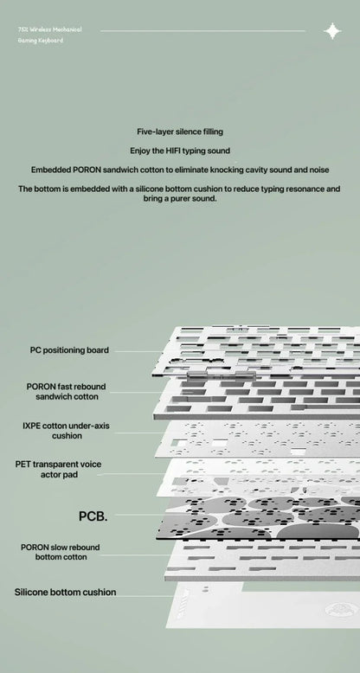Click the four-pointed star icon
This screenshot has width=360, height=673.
332,31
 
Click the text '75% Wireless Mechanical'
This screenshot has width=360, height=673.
50,29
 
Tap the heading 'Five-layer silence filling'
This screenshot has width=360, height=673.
180,131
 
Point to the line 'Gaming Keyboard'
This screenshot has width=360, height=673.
41,41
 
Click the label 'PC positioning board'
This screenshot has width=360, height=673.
69,350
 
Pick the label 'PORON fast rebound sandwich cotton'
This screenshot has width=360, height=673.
66,392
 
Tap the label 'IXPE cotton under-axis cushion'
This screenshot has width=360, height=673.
66,431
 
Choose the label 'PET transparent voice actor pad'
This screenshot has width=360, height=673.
59,469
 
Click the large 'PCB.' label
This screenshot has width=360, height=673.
93,516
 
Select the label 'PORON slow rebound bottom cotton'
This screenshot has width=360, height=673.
60,552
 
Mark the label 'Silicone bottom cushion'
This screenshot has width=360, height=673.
65,593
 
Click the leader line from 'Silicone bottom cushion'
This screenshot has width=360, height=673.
145,596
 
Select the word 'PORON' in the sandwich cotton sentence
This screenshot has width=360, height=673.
88,170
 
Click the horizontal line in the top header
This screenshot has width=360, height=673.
202,31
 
